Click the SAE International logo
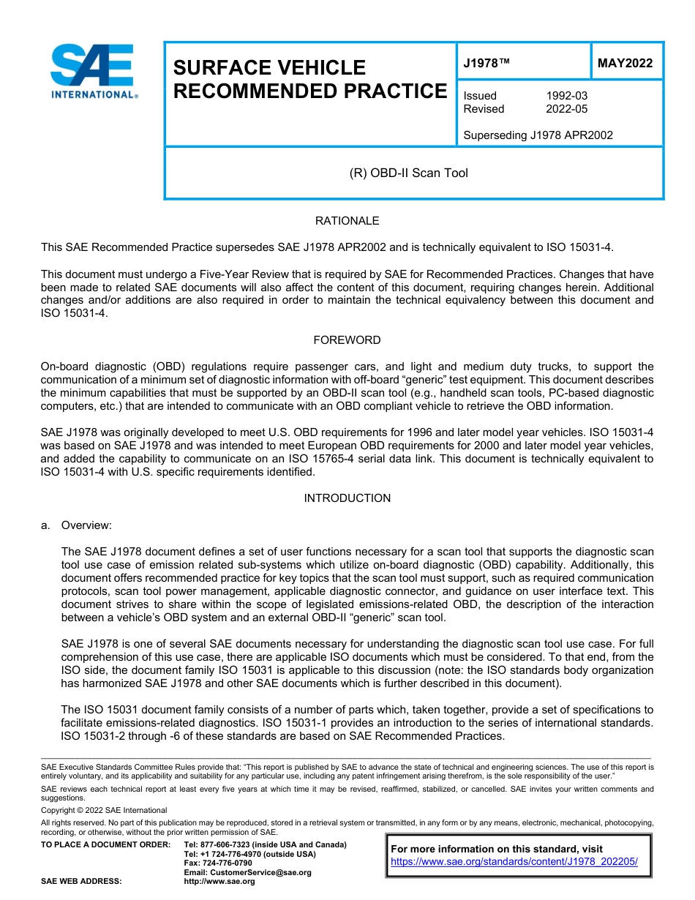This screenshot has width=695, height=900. tap(92, 71)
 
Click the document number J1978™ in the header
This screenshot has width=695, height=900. tap(486, 64)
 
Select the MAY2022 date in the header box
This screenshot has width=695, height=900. tap(625, 64)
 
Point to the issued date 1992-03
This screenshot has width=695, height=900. tap(566, 96)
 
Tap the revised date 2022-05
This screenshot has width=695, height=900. tap(566, 109)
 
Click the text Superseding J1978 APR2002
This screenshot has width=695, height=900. tap(538, 135)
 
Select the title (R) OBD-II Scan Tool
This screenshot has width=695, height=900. tap(408, 173)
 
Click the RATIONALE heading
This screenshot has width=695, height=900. tap(347, 221)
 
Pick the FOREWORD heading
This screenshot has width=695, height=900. tap(347, 340)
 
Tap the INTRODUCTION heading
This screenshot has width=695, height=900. tap(347, 498)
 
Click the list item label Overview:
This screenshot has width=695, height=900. tap(86, 525)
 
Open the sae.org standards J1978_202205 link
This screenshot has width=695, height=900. tap(514, 862)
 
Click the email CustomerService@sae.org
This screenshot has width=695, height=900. tap(247, 872)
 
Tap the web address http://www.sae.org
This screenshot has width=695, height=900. tap(219, 882)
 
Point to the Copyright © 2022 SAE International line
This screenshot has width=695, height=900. tap(104, 810)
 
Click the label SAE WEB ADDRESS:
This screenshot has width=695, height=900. tap(81, 882)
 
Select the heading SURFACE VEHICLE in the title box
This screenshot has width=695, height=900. tap(268, 68)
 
